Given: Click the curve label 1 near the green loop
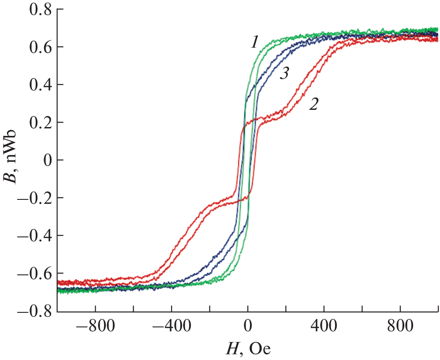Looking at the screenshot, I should coord(254,42).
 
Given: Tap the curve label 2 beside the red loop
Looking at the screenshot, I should coord(313,104).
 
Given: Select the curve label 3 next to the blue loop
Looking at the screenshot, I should coord(284,74).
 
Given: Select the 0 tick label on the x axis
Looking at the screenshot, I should coord(248,328).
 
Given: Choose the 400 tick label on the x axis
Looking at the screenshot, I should coord(324,328).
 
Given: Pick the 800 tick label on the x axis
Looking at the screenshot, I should coord(400,328).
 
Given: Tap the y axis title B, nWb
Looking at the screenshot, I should coord(12,160).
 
